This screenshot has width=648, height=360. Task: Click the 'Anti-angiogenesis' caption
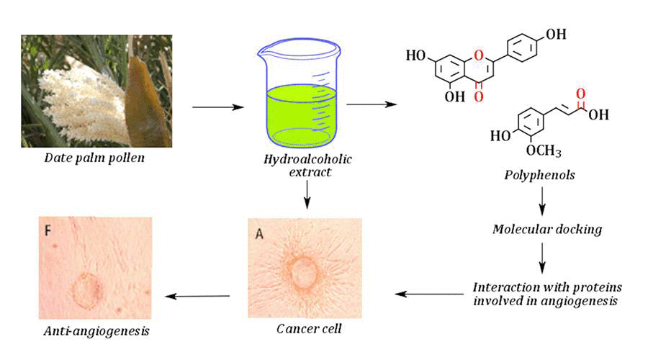tap(95, 330)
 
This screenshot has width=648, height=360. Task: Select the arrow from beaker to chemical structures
tap(372, 105)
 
